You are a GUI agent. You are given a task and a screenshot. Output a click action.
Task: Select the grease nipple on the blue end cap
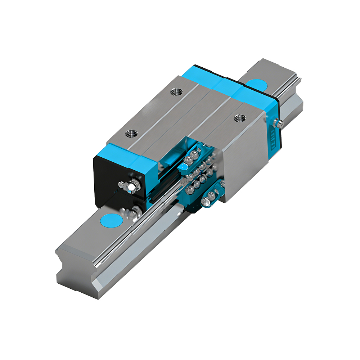coord(280,124)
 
